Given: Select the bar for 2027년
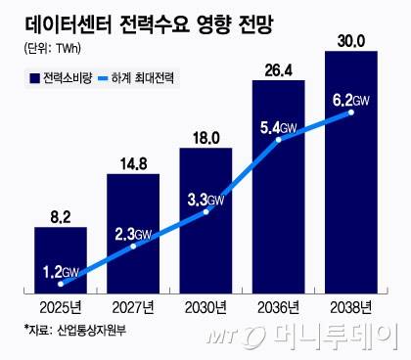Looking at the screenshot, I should tap(132, 235).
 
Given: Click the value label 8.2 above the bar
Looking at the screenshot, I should tap(60, 211).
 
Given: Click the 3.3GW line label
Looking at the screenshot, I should tap(206, 200).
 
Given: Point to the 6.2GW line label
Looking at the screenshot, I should tap(351, 98).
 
